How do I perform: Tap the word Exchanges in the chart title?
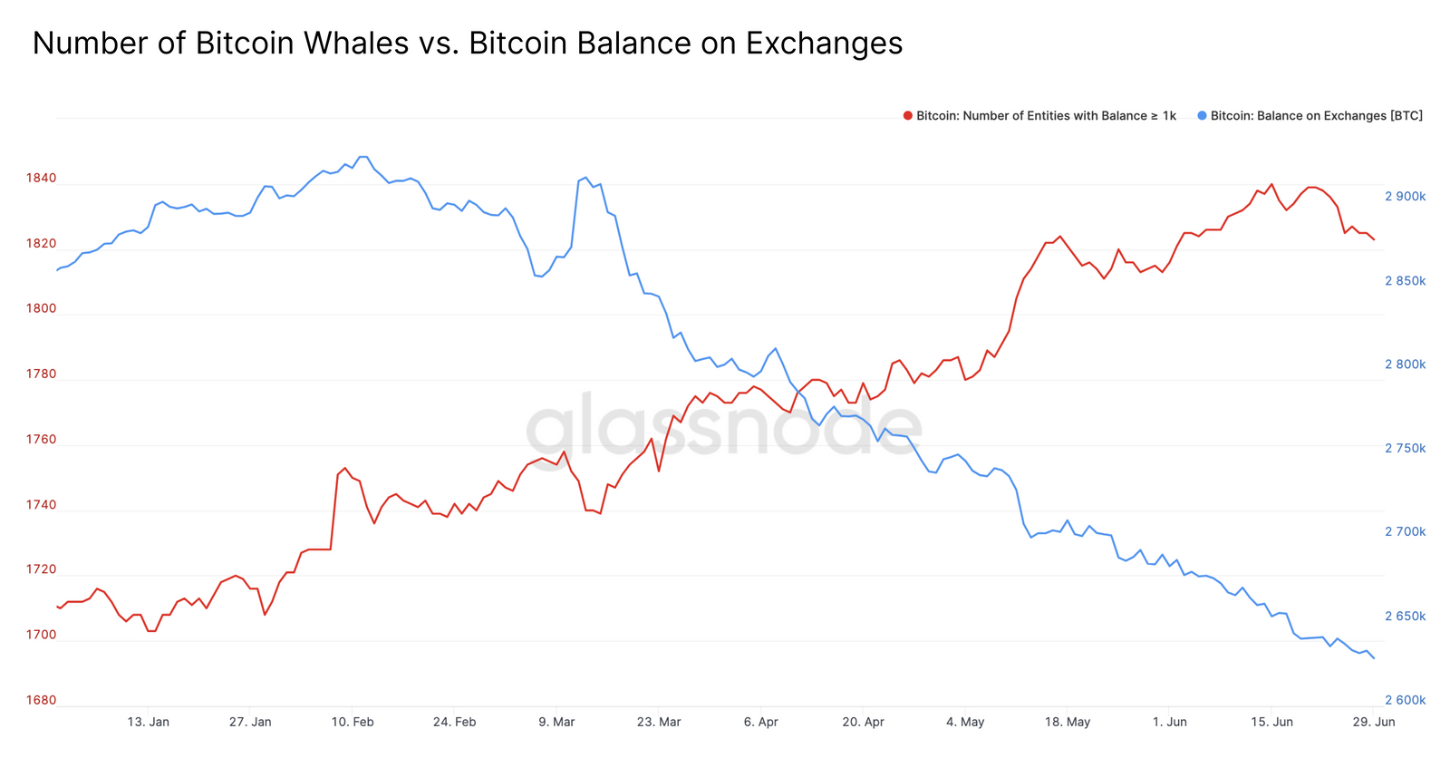click(x=824, y=44)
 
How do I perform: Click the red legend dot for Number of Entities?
click(x=907, y=116)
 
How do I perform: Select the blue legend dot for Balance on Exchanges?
click(x=1202, y=116)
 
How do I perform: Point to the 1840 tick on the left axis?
click(x=41, y=178)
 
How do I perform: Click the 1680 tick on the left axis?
click(x=41, y=700)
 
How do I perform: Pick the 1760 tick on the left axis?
click(x=41, y=440)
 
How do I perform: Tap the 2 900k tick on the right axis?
click(x=1405, y=197)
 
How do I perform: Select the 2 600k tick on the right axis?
click(x=1405, y=700)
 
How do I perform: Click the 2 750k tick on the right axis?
click(x=1405, y=449)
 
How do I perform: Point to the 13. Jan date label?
click(x=148, y=722)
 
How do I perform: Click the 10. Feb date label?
click(x=353, y=722)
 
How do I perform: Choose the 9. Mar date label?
click(x=556, y=722)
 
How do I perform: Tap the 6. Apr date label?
click(x=760, y=722)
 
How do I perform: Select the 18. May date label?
click(x=1068, y=722)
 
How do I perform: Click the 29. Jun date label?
click(x=1374, y=722)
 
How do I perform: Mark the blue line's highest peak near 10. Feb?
click(x=363, y=157)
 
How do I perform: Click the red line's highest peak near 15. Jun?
click(x=1271, y=184)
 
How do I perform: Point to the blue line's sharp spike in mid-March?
click(x=585, y=178)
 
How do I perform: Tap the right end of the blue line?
click(x=1374, y=658)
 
